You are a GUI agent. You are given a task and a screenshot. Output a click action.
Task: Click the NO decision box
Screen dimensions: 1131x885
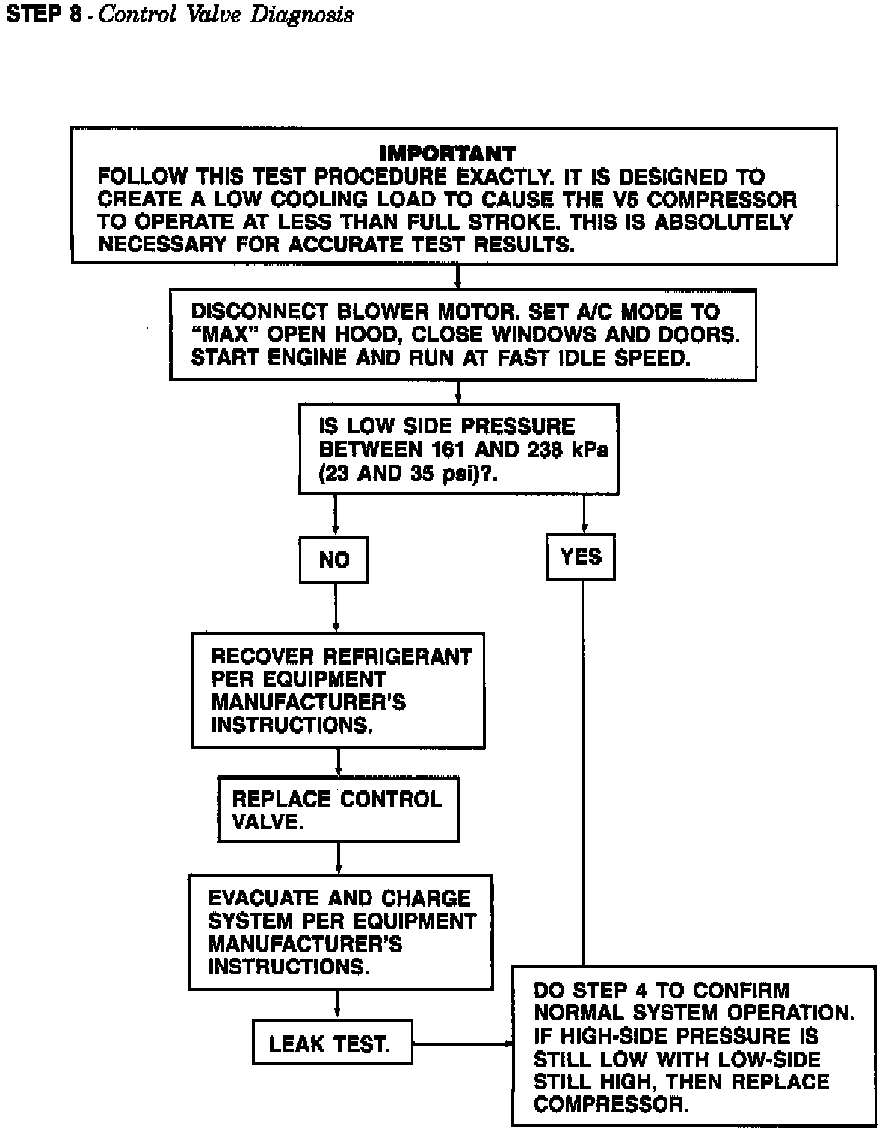[x=333, y=560]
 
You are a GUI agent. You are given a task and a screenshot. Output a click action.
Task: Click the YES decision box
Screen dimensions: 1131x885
[x=580, y=557]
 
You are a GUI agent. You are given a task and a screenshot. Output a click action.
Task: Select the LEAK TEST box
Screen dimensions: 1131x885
[x=331, y=1042]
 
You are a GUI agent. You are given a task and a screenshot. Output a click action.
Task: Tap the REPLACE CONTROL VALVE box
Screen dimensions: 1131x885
[x=338, y=810]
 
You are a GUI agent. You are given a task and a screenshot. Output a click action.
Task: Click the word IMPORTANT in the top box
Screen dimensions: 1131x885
[x=448, y=154]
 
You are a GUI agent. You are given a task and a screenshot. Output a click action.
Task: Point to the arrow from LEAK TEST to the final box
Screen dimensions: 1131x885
[x=463, y=1044]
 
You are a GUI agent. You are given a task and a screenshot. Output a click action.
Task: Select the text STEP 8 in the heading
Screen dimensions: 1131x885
[x=43, y=15]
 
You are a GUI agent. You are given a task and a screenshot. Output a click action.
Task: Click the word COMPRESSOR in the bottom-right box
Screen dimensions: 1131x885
[x=610, y=1103]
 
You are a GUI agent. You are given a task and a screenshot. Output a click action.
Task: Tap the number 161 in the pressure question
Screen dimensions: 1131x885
[x=448, y=450]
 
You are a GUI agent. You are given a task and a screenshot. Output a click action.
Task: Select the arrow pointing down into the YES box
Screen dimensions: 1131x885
[x=584, y=515]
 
